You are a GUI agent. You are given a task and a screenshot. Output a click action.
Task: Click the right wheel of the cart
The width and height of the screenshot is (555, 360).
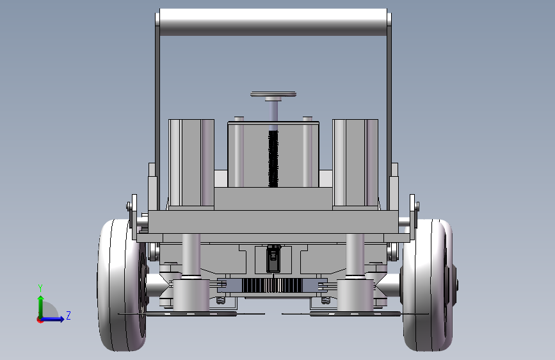[x=428, y=285]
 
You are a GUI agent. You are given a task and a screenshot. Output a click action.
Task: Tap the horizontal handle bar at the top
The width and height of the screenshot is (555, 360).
[x=273, y=22]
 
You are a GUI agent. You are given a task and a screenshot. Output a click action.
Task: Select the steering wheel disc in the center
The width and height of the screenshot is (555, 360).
[x=273, y=94]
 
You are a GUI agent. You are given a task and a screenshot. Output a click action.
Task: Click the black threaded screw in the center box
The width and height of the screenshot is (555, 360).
[x=273, y=159]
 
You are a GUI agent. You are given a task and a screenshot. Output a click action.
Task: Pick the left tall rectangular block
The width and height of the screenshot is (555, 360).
[x=191, y=164]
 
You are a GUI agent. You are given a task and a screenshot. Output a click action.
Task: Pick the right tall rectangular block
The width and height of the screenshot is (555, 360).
[x=355, y=164]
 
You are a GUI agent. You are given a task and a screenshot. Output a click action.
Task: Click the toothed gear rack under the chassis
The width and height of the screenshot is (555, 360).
[x=273, y=285]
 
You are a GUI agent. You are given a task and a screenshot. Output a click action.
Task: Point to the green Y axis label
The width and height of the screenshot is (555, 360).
[x=40, y=288]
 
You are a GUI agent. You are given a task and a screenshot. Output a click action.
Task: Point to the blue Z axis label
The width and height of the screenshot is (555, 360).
[x=68, y=315]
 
